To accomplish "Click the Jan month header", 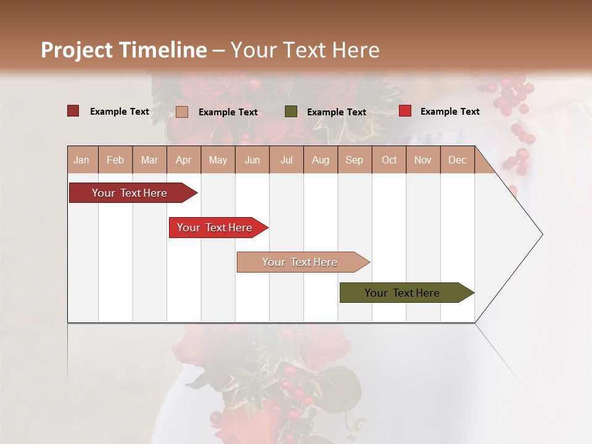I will coord(81,160).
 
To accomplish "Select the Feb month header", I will coord(115,160).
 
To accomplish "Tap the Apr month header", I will coord(183,160).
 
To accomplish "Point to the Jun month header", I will coord(252,160).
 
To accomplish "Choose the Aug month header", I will coord(320,160).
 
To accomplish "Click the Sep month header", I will coord(354,160).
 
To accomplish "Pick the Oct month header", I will coord(389,160).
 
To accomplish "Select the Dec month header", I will coord(457,160).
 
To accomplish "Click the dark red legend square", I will coord(73,111).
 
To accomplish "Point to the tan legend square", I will coord(182,112).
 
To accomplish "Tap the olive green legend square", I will coord(291,112).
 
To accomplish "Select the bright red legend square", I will coord(405,111).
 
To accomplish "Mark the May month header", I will coord(218,160).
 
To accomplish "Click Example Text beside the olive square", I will coord(337,112).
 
